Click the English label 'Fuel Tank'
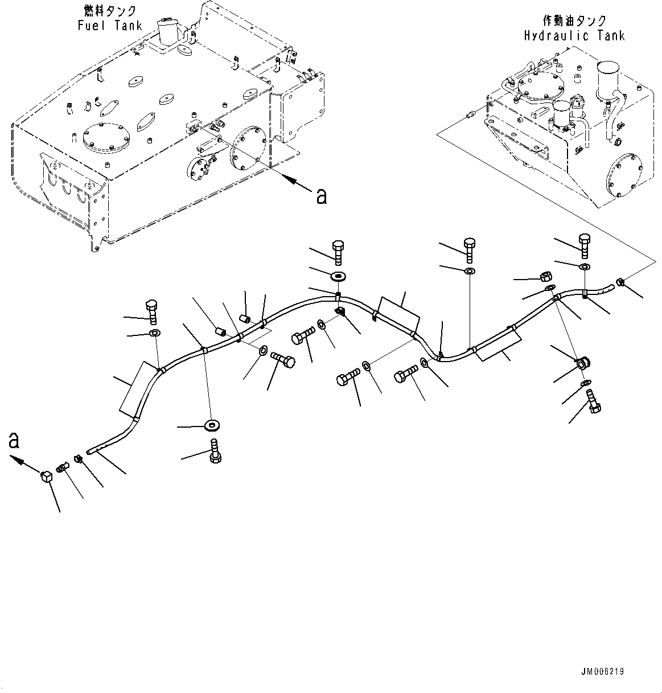[x=110, y=26]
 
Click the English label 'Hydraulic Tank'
[x=574, y=36]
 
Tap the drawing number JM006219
[x=603, y=671]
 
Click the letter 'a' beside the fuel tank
[x=322, y=196]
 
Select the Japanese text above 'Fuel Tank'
[x=110, y=11]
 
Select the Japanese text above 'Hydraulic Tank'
[x=574, y=20]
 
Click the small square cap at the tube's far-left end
[x=46, y=476]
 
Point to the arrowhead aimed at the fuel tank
[x=289, y=179]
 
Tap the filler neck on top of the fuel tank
[x=167, y=31]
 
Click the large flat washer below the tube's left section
[x=212, y=425]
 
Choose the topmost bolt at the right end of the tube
[x=585, y=246]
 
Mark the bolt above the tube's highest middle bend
[x=338, y=252]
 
